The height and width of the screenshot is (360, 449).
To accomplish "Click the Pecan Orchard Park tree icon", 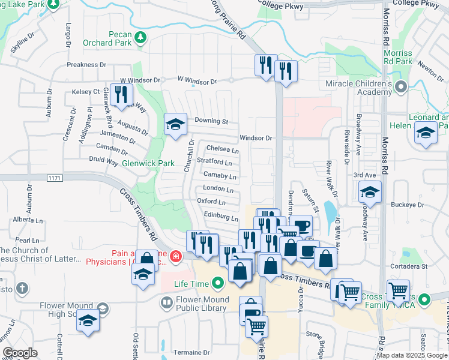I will click(140, 38).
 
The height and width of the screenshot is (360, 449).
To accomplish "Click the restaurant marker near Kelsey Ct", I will click(122, 94).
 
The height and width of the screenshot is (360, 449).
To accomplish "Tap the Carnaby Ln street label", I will click(220, 176).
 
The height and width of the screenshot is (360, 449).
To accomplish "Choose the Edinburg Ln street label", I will click(221, 215).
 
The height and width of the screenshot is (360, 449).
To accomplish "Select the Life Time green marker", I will click(218, 283).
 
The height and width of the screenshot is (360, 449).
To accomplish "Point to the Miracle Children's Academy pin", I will click(401, 87).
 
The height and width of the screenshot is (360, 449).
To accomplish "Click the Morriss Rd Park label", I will click(397, 57).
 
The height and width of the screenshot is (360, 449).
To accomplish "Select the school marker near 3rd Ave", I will click(370, 193).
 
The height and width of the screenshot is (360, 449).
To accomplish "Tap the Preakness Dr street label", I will click(86, 65).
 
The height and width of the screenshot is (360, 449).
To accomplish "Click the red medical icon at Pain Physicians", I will click(175, 257).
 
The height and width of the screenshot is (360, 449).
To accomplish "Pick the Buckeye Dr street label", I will click(408, 205).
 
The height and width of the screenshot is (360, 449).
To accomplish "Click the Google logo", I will click(20, 353).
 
